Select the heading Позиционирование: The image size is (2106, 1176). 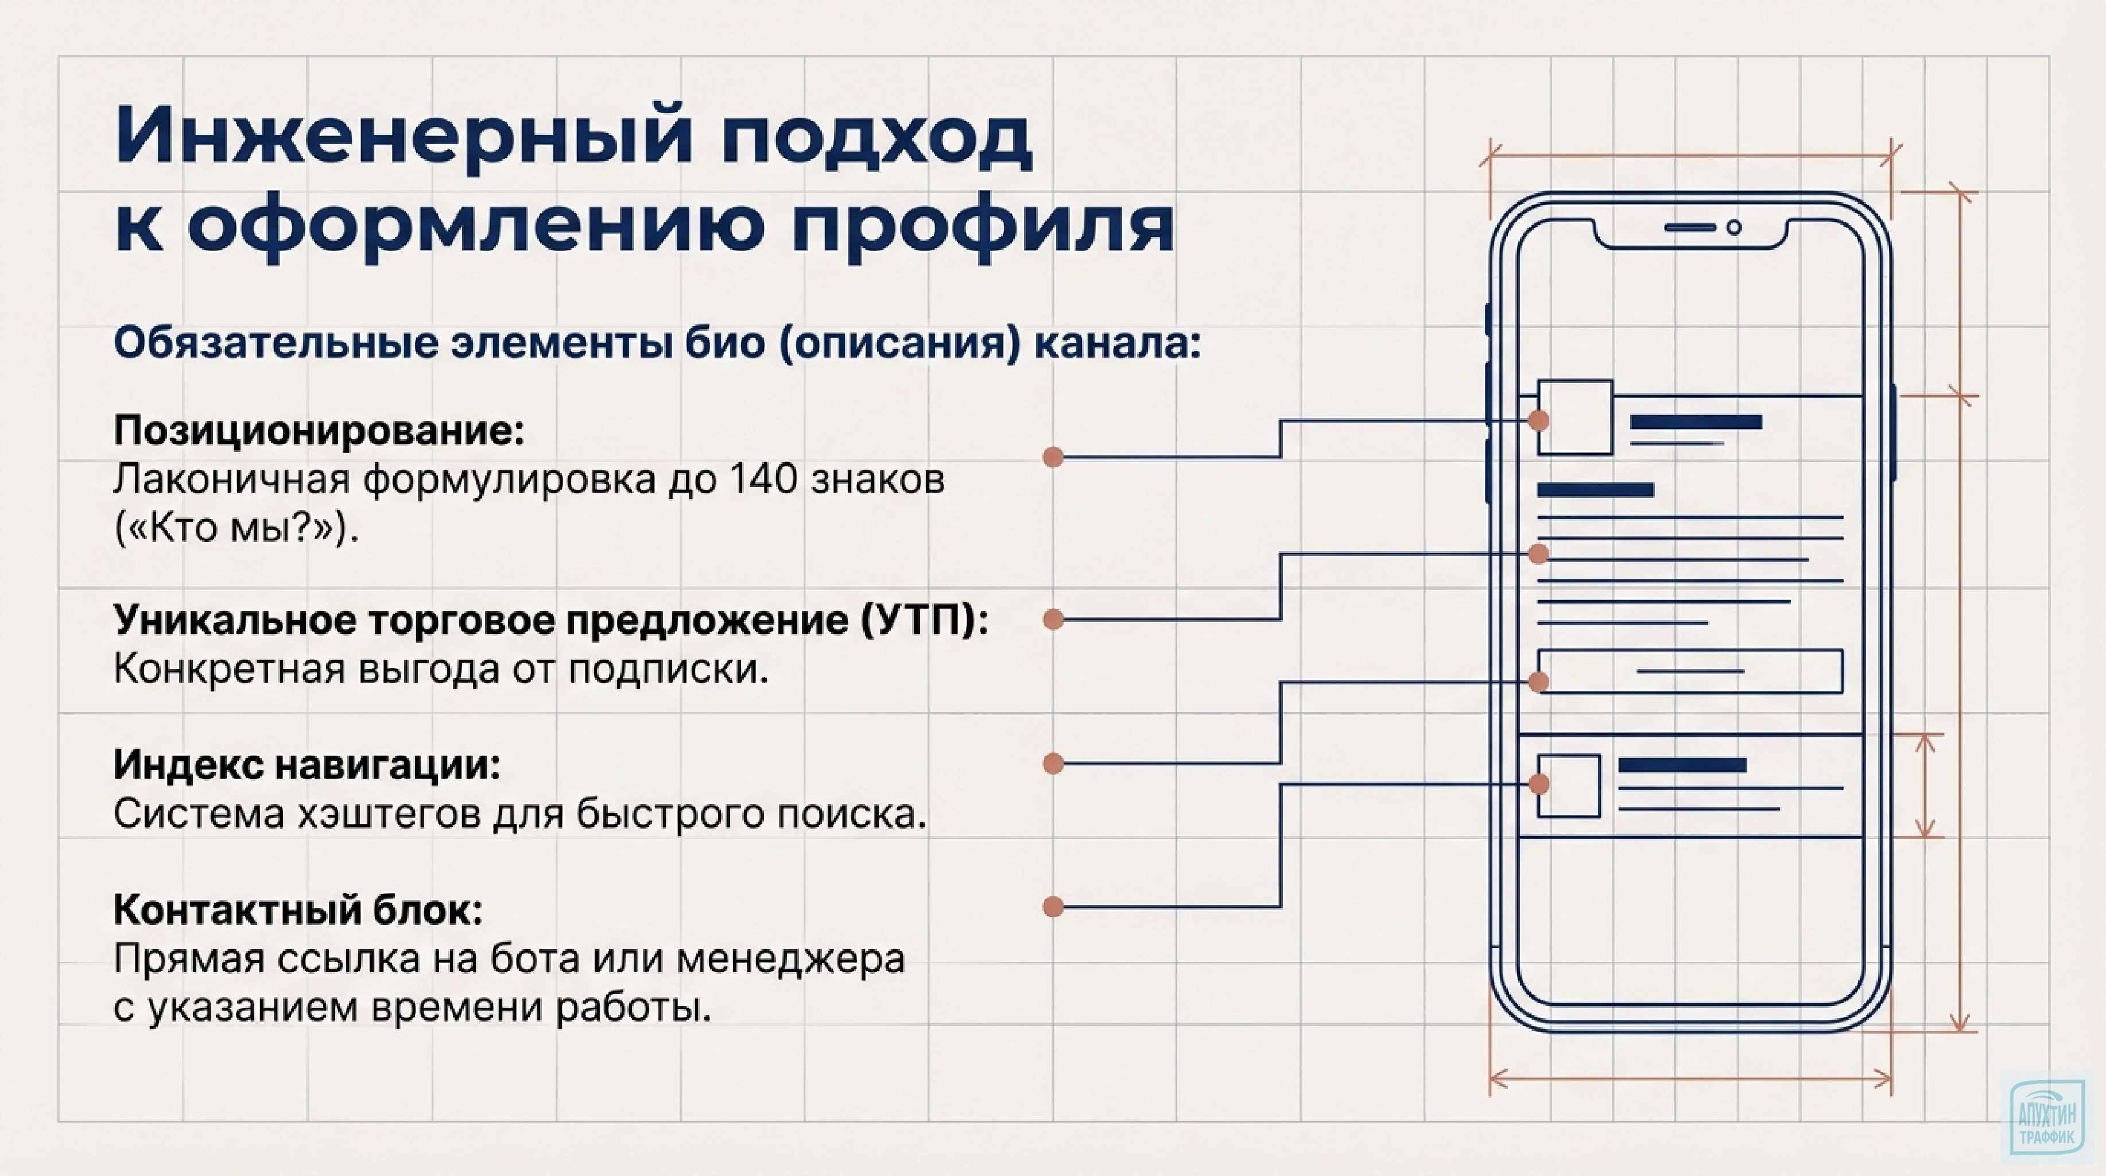(x=319, y=430)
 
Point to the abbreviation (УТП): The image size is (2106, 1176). (x=925, y=620)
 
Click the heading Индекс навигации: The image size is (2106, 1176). (x=307, y=765)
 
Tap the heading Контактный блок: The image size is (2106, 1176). (x=298, y=910)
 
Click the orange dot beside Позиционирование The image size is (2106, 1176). (x=1053, y=457)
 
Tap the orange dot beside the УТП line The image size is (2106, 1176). (x=1053, y=620)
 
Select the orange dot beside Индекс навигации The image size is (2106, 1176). (x=1053, y=764)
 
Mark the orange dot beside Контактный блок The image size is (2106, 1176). (x=1053, y=907)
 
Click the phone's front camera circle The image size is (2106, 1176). (x=1733, y=228)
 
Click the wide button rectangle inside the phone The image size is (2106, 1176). (x=1690, y=671)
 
